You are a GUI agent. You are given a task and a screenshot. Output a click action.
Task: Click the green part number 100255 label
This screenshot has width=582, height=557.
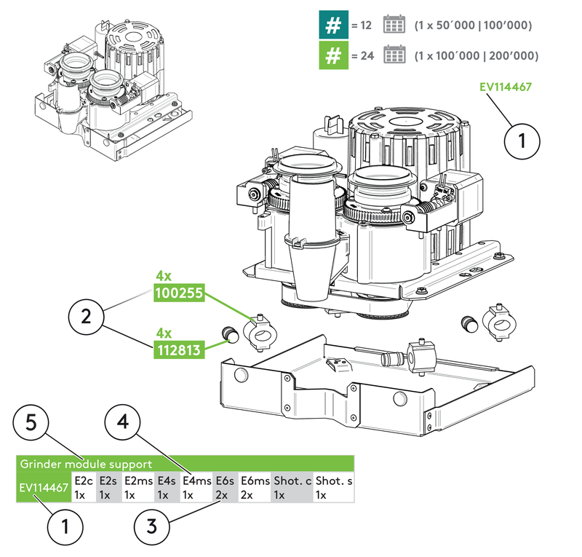coord(178,294)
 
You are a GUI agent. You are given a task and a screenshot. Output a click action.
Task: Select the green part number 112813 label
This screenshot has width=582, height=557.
coord(178,351)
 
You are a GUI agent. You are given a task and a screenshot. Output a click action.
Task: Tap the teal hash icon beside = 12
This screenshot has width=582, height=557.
coord(332,25)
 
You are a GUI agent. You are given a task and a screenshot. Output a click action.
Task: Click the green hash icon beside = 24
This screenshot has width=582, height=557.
coord(332,55)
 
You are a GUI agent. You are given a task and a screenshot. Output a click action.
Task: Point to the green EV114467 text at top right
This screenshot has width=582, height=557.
coord(506,87)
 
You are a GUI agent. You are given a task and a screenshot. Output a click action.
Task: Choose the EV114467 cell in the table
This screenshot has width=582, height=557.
coord(44,486)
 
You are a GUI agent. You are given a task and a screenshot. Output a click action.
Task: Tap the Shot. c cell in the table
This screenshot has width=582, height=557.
coord(292,487)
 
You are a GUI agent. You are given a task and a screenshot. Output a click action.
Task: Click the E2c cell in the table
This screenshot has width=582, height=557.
coord(84,487)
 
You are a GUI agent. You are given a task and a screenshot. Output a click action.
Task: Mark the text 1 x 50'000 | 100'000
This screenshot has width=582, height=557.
coord(473,25)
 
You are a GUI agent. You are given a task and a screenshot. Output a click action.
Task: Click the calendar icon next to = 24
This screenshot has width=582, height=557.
coord(394,55)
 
